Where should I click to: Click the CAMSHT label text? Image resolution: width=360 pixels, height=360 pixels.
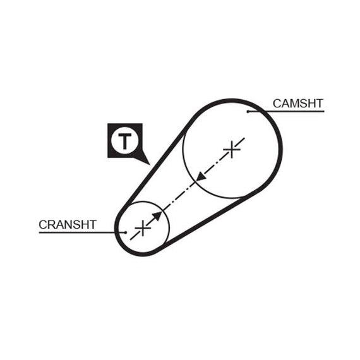tap(298, 104)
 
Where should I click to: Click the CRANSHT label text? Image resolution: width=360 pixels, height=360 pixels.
tap(68, 225)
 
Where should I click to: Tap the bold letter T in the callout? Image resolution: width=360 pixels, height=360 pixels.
tap(124, 141)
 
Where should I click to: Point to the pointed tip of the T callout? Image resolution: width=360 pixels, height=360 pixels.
tap(150, 164)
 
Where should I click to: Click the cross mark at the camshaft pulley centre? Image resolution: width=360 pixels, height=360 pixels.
tap(232, 150)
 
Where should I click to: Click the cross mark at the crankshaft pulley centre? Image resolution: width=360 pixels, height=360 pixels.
tap(143, 228)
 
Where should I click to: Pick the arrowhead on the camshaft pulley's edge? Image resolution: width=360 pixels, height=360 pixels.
tap(200, 177)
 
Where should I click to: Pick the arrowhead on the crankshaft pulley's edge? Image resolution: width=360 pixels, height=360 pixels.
tap(157, 216)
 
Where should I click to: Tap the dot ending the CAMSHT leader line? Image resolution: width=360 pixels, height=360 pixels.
tap(248, 112)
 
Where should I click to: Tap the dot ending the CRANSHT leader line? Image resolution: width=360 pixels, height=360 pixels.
tap(125, 232)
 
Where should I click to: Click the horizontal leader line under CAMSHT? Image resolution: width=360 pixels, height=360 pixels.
tap(286, 112)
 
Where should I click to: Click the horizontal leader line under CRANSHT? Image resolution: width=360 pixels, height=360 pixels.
tap(82, 232)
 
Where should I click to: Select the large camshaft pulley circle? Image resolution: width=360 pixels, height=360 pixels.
tap(183, 150)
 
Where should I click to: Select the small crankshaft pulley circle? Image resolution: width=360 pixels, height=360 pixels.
tap(169, 228)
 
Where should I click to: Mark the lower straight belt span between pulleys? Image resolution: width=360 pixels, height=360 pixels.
tap(210, 219)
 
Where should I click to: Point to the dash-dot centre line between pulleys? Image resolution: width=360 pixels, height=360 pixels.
tap(188, 189)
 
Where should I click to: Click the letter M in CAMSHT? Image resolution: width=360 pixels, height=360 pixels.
tap(294, 104)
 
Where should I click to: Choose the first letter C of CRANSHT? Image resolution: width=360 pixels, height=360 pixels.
tap(43, 225)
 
